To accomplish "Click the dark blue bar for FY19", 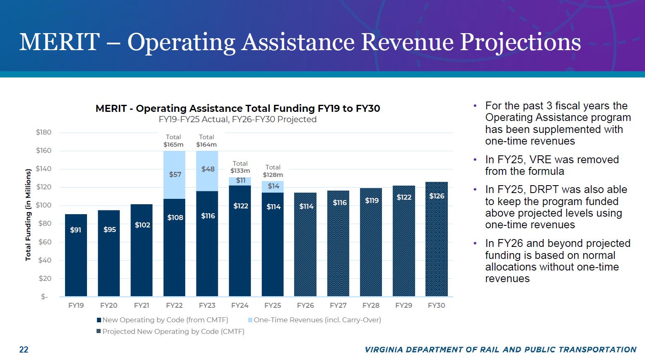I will pos(76,255).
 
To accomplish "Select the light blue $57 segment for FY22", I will pos(174,175).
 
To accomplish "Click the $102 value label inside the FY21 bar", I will pos(142,225).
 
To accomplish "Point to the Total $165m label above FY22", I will pos(173,141).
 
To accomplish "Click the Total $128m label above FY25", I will pos(273,171).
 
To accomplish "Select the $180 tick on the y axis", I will pos(43,133).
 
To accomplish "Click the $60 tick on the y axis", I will pos(45,242).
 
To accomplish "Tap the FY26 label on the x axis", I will pos(305,305).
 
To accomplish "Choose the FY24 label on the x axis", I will pos(240,305).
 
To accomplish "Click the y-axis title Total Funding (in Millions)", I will pos(28,215).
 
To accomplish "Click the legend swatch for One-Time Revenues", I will pos(250,320).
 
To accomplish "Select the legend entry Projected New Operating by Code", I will pos(173,331).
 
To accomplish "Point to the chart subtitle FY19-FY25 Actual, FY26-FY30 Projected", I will pos(237,119).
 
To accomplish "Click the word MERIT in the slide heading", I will pos(59,42).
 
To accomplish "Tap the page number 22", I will pos(24,350).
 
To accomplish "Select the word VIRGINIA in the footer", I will pos(384,350).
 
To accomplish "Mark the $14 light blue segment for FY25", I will pos(273,186).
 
